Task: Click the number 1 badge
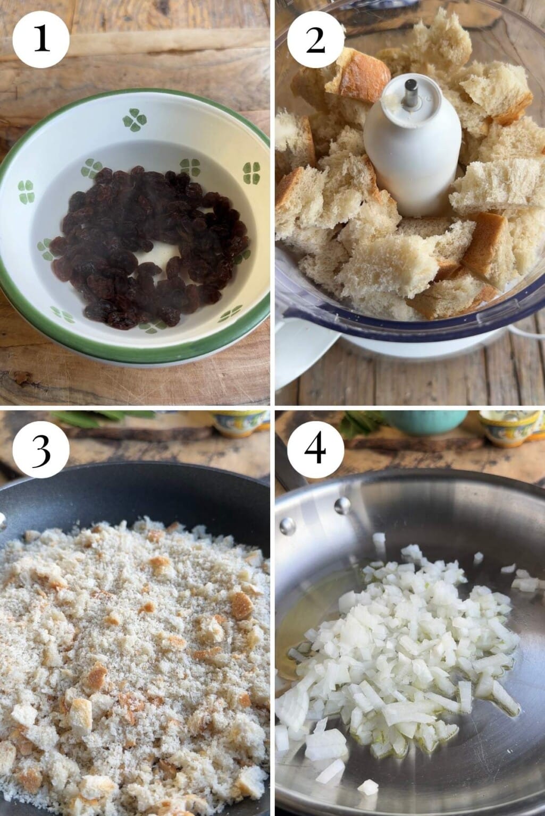41,40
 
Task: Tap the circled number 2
316,40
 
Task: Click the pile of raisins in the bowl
149,248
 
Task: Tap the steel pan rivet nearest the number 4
342,506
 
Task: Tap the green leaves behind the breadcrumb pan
106,417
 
